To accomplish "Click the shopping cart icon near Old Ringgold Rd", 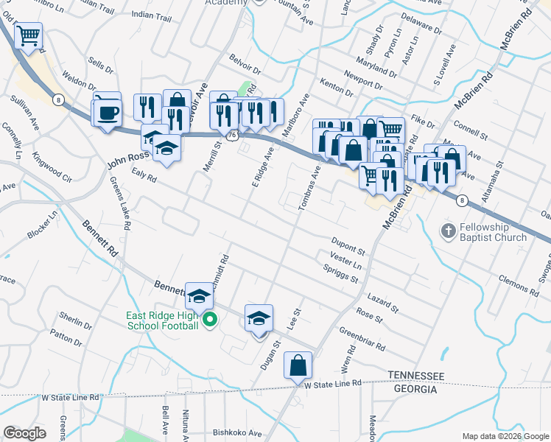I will coord(28,35).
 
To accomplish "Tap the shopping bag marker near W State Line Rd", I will coord(298,365).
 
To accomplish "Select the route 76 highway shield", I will coord(233,136).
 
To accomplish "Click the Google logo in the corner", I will coord(25,433).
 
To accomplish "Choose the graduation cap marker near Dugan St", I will coord(259,318).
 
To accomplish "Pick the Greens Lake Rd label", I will coord(119,203).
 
